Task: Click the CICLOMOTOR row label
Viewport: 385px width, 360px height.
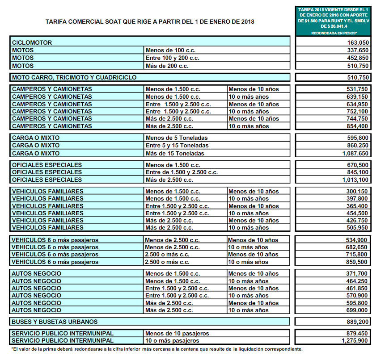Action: tap(32, 43)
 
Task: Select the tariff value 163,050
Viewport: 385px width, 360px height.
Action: tap(357, 43)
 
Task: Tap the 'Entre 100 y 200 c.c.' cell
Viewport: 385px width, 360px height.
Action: tap(172, 58)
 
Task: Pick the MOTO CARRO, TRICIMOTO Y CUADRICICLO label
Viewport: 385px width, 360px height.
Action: tap(74, 77)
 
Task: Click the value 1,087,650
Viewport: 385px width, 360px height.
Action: tap(353, 153)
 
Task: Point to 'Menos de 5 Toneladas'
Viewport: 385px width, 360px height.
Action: tap(176, 138)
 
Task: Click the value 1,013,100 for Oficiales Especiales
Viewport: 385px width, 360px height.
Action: tap(353, 180)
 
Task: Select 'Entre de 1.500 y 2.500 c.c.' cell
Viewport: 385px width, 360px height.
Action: tap(182, 172)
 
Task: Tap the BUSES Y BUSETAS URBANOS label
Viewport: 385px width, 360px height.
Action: tap(55, 322)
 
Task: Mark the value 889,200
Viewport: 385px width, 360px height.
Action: tap(357, 322)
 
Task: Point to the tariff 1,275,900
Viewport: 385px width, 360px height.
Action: tap(353, 341)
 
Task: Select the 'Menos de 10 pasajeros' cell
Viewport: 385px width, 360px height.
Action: tap(177, 334)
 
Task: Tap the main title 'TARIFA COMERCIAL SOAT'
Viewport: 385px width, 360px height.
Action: tap(150, 21)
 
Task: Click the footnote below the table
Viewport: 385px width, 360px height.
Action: tap(157, 349)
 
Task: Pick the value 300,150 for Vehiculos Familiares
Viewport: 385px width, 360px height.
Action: tap(357, 191)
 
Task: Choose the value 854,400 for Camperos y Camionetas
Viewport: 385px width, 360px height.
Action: tap(357, 126)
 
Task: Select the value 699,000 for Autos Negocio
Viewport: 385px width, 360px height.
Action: tap(357, 310)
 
